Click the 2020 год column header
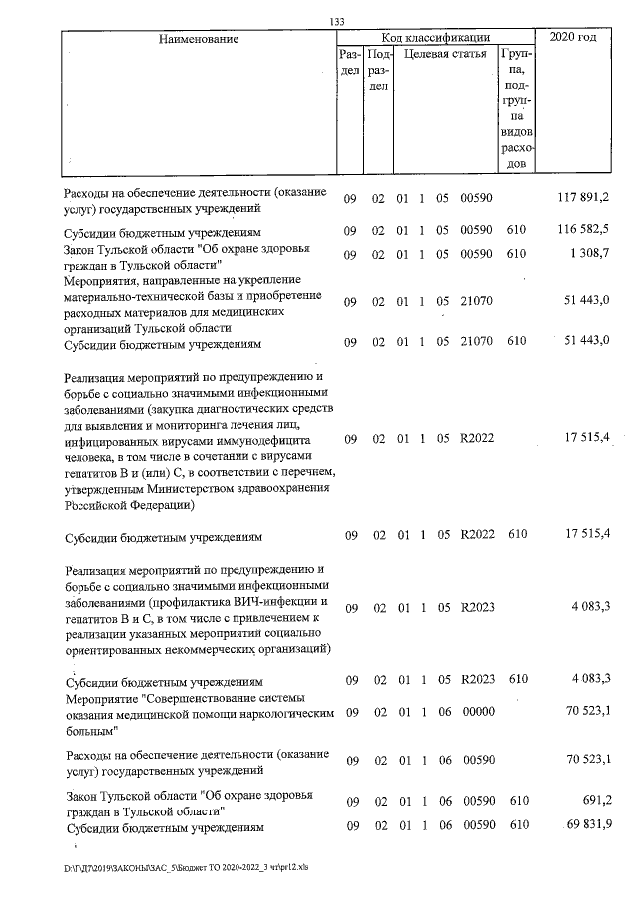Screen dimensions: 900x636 [578, 38]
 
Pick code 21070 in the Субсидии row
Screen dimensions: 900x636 [478, 342]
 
